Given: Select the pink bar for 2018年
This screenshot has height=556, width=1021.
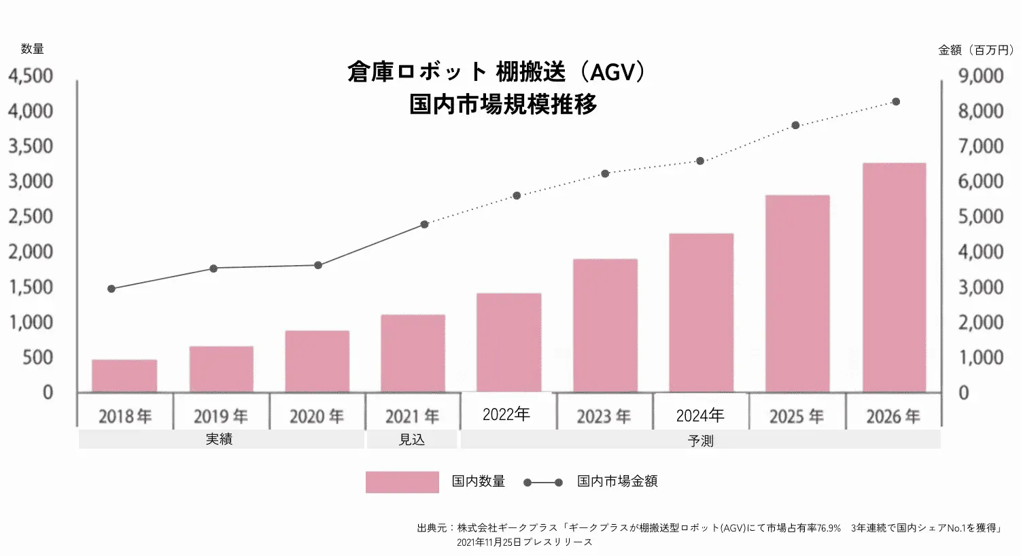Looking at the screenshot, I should (x=124, y=376).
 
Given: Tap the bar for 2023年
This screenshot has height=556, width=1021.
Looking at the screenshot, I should (x=605, y=326).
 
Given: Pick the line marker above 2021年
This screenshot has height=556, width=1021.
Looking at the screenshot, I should (x=425, y=224).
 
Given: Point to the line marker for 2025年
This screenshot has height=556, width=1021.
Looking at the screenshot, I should (x=795, y=125).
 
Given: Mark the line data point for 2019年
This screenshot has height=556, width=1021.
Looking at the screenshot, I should (x=213, y=268).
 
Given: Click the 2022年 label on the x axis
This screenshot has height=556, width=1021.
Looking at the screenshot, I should (x=506, y=415).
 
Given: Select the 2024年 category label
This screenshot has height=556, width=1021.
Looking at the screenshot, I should (x=700, y=415).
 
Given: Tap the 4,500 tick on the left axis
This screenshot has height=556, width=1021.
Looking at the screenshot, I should (x=31, y=75).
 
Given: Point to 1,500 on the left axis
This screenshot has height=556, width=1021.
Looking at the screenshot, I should (x=31, y=287).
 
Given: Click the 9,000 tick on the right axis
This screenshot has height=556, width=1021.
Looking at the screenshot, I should (x=981, y=75).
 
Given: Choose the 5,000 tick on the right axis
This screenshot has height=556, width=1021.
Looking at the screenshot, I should (x=981, y=217).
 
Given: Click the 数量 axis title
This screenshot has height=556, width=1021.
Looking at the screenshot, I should (x=32, y=49).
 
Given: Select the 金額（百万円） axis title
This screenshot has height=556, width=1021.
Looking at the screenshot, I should (x=976, y=50).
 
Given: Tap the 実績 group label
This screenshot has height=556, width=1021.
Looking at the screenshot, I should (x=219, y=440).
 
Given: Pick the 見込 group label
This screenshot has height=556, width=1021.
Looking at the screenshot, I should (x=412, y=440).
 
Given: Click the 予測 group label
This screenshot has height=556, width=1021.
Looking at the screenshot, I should (x=700, y=441).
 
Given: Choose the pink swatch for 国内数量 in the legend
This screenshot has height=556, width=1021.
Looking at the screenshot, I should (x=402, y=482).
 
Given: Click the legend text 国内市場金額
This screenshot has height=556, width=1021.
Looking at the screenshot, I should (x=617, y=481).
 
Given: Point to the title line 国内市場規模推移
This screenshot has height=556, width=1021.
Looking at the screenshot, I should (x=503, y=104).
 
